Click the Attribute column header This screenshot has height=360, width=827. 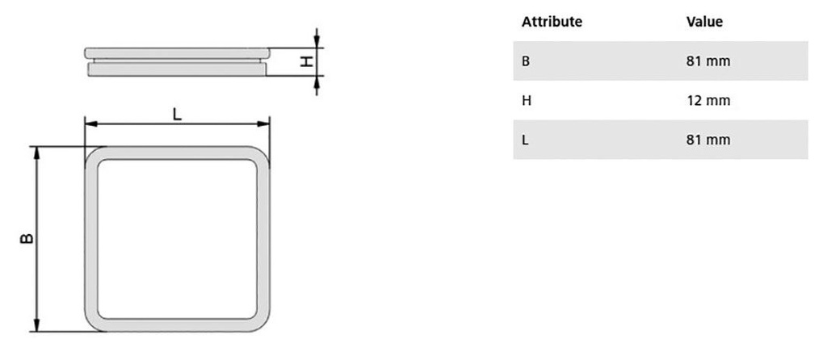pyautogui.click(x=552, y=22)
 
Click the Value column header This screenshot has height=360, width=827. pyautogui.click(x=704, y=22)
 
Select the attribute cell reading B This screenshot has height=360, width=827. pyautogui.click(x=525, y=61)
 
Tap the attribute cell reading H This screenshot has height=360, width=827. pyautogui.click(x=526, y=100)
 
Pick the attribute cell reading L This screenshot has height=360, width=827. pyautogui.click(x=525, y=140)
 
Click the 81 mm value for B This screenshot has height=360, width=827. pyautogui.click(x=708, y=61)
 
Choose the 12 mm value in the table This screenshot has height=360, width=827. pyautogui.click(x=708, y=100)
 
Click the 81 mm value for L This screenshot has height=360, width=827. pyautogui.click(x=708, y=140)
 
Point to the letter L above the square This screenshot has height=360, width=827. pyautogui.click(x=177, y=114)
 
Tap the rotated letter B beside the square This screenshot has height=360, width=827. pyautogui.click(x=27, y=238)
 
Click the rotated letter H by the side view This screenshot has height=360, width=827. pyautogui.click(x=306, y=61)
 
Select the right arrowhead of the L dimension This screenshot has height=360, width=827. pyautogui.click(x=263, y=123)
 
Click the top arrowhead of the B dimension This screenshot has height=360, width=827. pyautogui.click(x=37, y=153)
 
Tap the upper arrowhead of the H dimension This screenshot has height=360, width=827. pyautogui.click(x=317, y=41)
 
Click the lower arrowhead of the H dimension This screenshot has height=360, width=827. pyautogui.click(x=317, y=82)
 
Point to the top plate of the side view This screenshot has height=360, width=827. pyautogui.click(x=177, y=52)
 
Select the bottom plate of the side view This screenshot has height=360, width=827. pyautogui.click(x=177, y=69)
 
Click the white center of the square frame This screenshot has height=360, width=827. pyautogui.click(x=177, y=239)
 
